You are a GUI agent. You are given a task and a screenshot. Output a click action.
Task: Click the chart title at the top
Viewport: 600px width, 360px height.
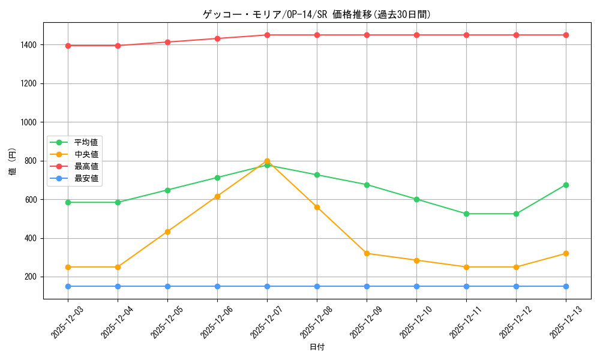point(317,14)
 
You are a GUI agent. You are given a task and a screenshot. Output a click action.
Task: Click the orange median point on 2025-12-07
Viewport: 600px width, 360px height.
point(267,161)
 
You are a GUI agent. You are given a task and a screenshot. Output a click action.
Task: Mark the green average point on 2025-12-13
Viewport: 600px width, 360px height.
point(566,185)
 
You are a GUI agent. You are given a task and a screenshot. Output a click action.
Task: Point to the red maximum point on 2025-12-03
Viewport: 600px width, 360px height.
point(68,46)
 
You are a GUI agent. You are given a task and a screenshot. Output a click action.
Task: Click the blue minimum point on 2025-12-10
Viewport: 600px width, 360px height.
point(416,286)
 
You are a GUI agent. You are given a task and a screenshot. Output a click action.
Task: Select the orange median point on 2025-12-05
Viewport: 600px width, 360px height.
point(167,232)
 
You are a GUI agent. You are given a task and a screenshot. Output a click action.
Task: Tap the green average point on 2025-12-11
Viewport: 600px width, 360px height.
point(466,214)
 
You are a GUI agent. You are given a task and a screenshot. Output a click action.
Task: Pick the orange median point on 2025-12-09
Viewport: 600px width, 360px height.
point(367,253)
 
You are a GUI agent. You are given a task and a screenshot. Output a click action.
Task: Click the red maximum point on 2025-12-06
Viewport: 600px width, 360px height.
point(217,38)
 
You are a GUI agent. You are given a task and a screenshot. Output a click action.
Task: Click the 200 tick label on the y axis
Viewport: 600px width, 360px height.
point(31,277)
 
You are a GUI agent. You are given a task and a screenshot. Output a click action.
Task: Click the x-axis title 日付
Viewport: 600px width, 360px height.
point(317,347)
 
